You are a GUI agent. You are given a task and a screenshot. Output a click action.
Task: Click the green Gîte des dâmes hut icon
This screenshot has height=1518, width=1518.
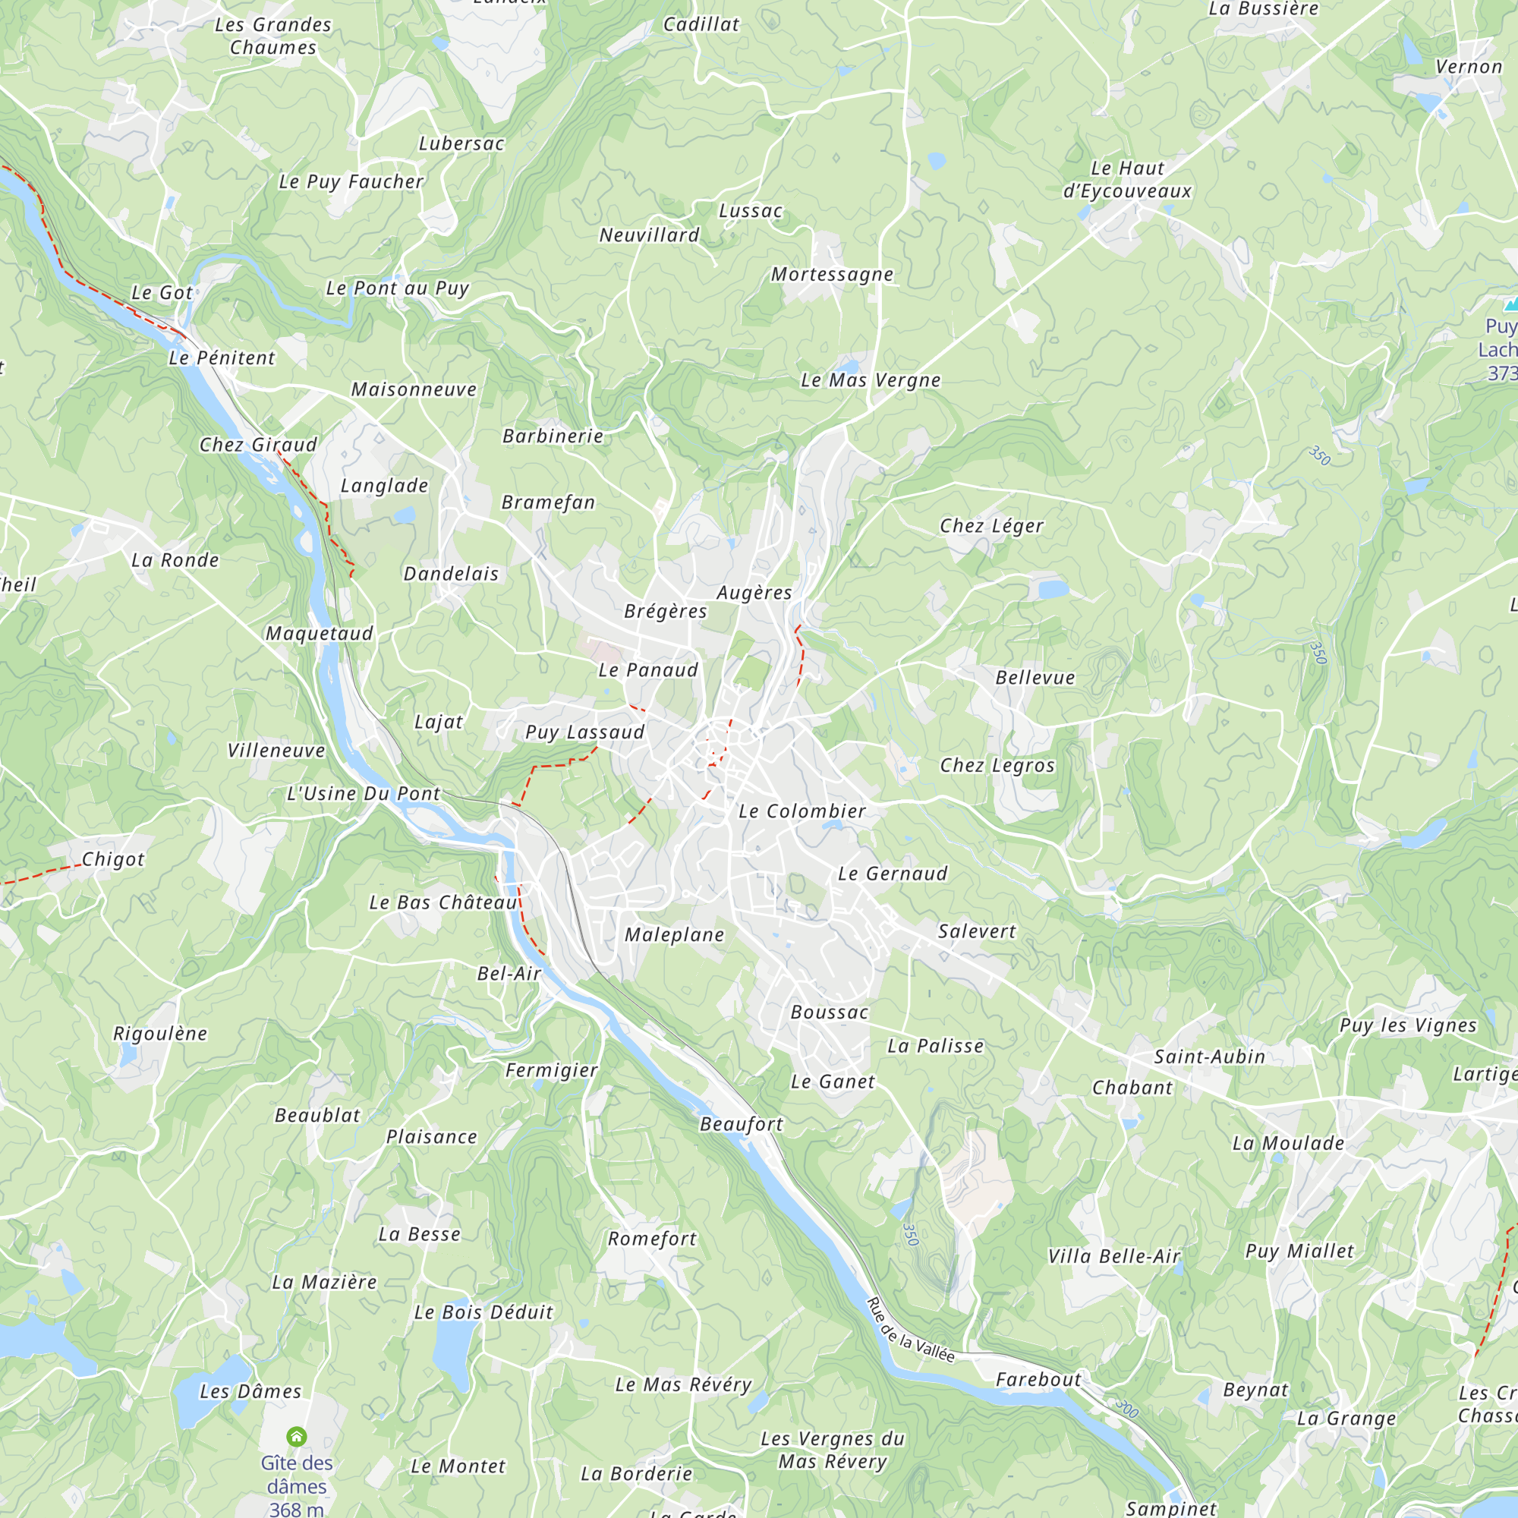tap(296, 1436)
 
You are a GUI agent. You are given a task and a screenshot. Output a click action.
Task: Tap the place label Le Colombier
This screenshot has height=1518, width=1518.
tap(802, 811)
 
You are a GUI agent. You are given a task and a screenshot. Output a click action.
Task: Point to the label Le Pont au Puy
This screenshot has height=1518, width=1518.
tap(398, 288)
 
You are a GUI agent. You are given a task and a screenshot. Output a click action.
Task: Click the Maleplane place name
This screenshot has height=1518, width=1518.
tap(674, 934)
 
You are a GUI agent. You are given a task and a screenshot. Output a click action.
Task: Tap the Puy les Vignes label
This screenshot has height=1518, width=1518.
tap(1408, 1025)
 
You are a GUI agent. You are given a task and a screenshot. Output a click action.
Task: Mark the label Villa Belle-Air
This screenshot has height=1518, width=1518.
tap(1114, 1256)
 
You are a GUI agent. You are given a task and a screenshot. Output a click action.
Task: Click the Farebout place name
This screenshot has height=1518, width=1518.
tap(1038, 1380)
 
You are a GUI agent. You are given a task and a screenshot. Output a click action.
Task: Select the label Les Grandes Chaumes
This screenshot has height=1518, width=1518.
tap(273, 36)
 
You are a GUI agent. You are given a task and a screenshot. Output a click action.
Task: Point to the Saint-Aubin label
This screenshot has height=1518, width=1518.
tap(1209, 1057)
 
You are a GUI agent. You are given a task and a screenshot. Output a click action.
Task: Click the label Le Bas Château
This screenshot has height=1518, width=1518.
tap(443, 902)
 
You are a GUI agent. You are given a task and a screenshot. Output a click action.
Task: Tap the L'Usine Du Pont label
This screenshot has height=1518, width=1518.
tap(363, 794)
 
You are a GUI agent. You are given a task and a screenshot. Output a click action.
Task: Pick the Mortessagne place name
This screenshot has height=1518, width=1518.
tap(832, 274)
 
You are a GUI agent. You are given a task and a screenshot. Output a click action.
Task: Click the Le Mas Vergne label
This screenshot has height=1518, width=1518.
tap(871, 380)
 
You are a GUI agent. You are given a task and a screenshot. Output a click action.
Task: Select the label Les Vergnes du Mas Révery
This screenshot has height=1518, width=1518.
tap(833, 1450)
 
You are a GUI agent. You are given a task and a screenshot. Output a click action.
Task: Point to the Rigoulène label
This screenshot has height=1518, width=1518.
tap(160, 1033)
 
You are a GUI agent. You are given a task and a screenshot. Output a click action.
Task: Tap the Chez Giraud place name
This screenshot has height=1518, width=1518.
tap(259, 445)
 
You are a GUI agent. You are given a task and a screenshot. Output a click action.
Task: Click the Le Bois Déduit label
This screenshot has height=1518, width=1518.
tap(483, 1312)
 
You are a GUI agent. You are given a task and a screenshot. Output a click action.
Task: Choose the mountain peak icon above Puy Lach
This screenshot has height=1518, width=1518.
tap(1510, 304)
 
